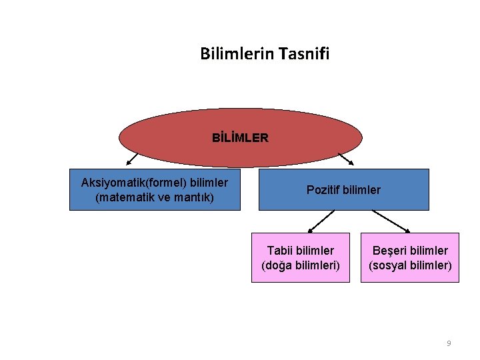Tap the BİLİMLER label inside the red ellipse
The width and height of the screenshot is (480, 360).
pyautogui.click(x=240, y=139)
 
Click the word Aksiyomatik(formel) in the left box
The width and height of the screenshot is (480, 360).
pyautogui.click(x=134, y=183)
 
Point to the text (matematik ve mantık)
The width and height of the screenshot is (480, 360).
pyautogui.click(x=155, y=198)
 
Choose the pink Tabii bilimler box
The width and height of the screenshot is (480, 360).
pyautogui.click(x=300, y=257)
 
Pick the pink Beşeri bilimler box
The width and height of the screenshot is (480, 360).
pyautogui.click(x=410, y=257)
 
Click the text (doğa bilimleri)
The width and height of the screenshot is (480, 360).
pyautogui.click(x=301, y=265)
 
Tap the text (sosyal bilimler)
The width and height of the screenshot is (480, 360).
pyautogui.click(x=410, y=265)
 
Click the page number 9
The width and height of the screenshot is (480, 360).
pyautogui.click(x=449, y=343)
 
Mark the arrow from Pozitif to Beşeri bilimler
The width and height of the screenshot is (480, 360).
pyautogui.click(x=393, y=221)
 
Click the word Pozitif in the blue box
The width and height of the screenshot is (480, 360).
pyautogui.click(x=322, y=190)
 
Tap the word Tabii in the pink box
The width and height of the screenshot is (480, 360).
pyautogui.click(x=279, y=251)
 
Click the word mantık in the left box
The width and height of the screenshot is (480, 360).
pyautogui.click(x=197, y=198)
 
